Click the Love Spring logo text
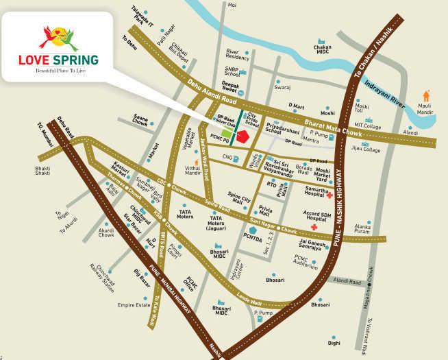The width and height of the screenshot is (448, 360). point(58,59)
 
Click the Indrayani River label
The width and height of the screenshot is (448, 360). point(384,94)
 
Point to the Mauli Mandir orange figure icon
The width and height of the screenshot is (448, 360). point(426,95)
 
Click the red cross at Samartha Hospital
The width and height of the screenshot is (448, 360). point(329,195)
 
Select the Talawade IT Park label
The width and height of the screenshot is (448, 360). point(140,15)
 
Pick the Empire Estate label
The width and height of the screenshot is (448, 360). point(134,304)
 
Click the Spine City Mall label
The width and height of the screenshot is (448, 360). point(239,197)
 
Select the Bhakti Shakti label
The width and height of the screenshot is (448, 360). point(42,171)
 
